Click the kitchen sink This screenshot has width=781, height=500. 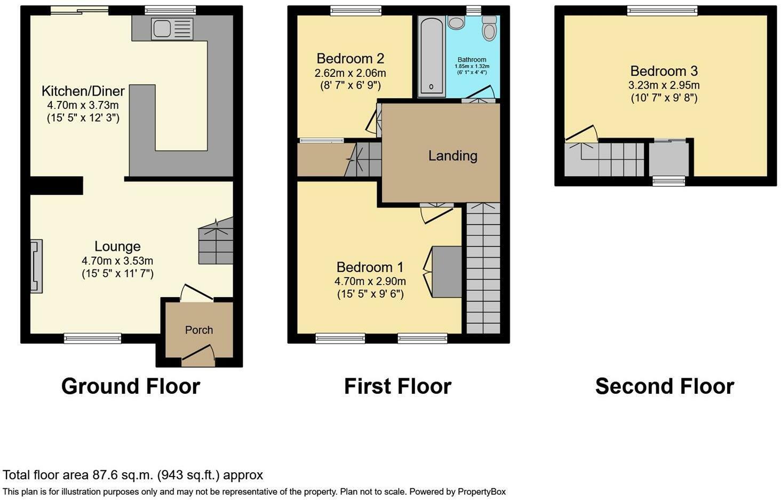172,29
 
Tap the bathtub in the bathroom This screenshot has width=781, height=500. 431,57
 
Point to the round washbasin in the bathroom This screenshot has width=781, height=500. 456,22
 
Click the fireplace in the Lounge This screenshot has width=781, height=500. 36,266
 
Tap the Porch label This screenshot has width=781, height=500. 199,330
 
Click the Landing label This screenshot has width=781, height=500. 452,156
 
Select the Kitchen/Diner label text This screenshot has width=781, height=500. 83,91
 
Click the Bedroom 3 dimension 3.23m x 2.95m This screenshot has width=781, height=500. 664,85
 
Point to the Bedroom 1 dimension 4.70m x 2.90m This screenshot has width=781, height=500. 370,281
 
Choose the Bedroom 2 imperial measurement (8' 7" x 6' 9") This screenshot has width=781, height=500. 350,85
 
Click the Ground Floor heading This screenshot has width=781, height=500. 131,386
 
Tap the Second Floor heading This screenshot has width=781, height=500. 665,386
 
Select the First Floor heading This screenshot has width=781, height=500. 397,386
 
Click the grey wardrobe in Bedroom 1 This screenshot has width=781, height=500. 447,272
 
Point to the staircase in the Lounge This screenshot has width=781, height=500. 216,244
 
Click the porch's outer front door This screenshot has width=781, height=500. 198,354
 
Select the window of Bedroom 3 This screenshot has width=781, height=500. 662,10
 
